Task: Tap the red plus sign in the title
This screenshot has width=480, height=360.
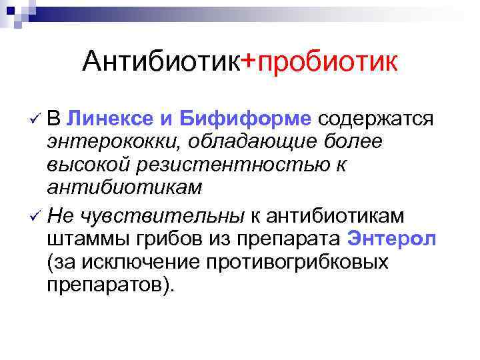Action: (x=248, y=62)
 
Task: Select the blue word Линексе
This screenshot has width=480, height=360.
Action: (x=111, y=119)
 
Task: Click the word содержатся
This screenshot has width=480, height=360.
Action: (x=377, y=119)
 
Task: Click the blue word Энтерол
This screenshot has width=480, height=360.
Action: (x=392, y=239)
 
